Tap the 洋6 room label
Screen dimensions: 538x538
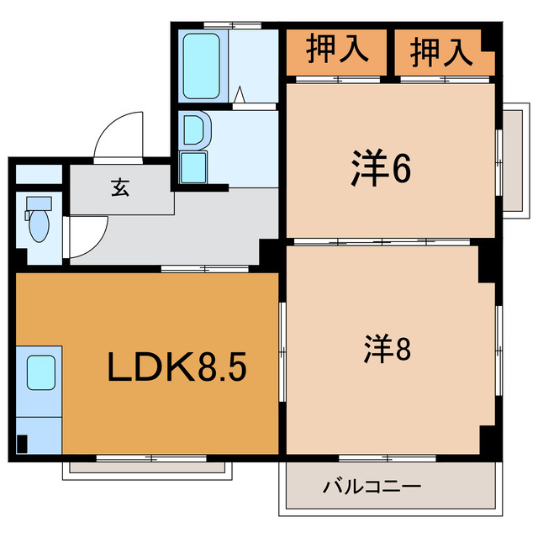click(x=380, y=170)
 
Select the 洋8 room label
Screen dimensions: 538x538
click(x=387, y=349)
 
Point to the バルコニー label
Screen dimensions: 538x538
click(x=371, y=487)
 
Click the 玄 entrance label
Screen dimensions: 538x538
click(x=119, y=189)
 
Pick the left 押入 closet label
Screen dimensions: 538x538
click(x=336, y=50)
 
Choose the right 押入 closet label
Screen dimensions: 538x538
click(x=440, y=52)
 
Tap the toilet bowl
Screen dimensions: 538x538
click(x=39, y=225)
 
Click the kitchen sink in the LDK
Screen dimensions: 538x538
click(x=40, y=372)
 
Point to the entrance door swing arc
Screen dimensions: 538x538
click(x=118, y=134)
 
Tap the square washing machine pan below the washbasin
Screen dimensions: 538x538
click(x=193, y=166)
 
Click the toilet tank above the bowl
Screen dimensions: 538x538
click(x=37, y=204)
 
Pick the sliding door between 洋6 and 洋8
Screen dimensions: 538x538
click(x=382, y=242)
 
